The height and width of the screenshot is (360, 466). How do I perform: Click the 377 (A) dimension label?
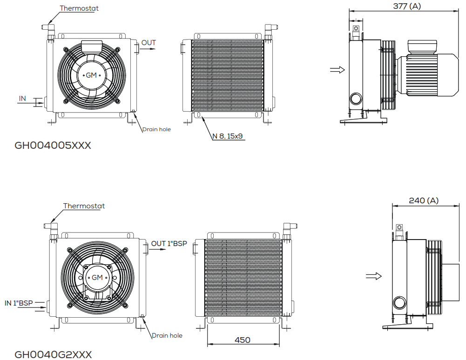[407, 6]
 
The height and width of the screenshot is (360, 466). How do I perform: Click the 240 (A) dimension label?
[424, 201]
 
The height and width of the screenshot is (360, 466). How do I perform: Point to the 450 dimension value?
[243, 340]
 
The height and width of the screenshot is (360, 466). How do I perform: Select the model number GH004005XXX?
[53, 146]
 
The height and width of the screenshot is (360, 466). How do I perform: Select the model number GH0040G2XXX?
[53, 355]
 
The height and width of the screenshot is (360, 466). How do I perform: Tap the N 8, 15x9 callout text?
[227, 136]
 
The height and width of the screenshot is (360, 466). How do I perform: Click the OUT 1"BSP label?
[169, 244]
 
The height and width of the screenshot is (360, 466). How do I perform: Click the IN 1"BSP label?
[19, 303]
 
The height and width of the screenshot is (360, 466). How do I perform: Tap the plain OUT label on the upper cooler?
[149, 43]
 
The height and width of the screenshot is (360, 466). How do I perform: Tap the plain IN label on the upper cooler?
[23, 99]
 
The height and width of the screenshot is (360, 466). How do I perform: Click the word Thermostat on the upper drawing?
[79, 8]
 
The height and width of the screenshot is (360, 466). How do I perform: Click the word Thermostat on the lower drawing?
[84, 206]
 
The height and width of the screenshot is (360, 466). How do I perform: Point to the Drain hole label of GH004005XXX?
[156, 129]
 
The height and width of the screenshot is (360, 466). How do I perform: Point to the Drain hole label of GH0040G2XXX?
[167, 336]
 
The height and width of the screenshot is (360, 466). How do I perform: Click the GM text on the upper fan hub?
[91, 75]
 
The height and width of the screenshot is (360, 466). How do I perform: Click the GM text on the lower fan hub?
[97, 278]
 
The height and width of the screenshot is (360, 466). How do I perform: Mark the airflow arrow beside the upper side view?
[338, 70]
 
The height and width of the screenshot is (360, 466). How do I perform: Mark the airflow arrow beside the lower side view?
[373, 276]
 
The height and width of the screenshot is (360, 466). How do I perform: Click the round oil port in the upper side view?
[356, 99]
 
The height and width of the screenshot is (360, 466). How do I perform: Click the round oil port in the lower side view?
[399, 303]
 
